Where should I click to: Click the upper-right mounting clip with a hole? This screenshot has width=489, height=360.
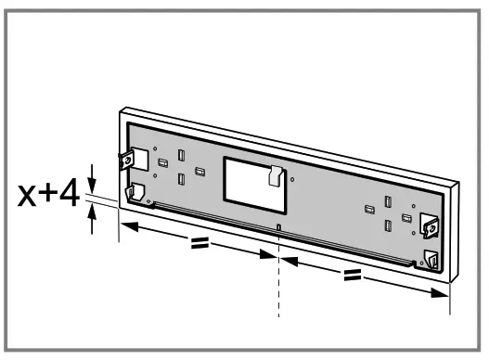click(x=430, y=224)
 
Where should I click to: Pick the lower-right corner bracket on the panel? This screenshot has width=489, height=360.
click(x=430, y=259)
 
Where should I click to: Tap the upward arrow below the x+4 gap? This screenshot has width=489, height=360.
click(x=92, y=218)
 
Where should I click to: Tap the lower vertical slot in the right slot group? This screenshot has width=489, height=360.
click(x=388, y=224)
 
